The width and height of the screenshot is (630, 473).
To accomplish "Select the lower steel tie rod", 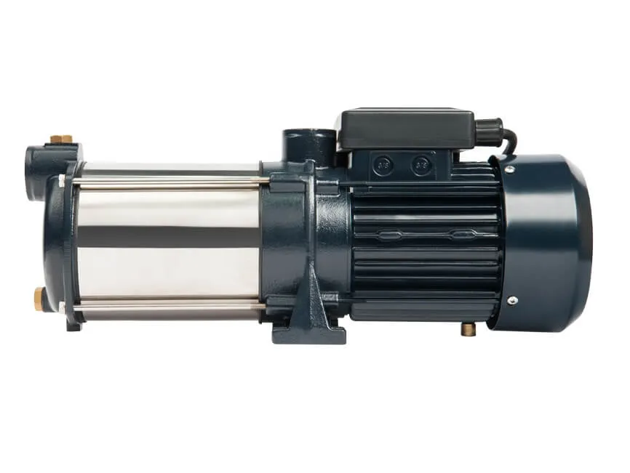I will [167, 302].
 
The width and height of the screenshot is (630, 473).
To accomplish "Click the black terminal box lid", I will [404, 129].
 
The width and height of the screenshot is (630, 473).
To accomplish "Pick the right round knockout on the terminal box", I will [420, 165].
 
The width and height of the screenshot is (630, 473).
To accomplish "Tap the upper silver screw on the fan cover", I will [510, 170].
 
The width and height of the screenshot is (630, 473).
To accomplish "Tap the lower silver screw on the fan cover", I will [512, 300].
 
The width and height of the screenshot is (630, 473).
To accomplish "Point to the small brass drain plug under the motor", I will [468, 328].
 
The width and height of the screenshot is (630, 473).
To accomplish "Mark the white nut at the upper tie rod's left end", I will [62, 180].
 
